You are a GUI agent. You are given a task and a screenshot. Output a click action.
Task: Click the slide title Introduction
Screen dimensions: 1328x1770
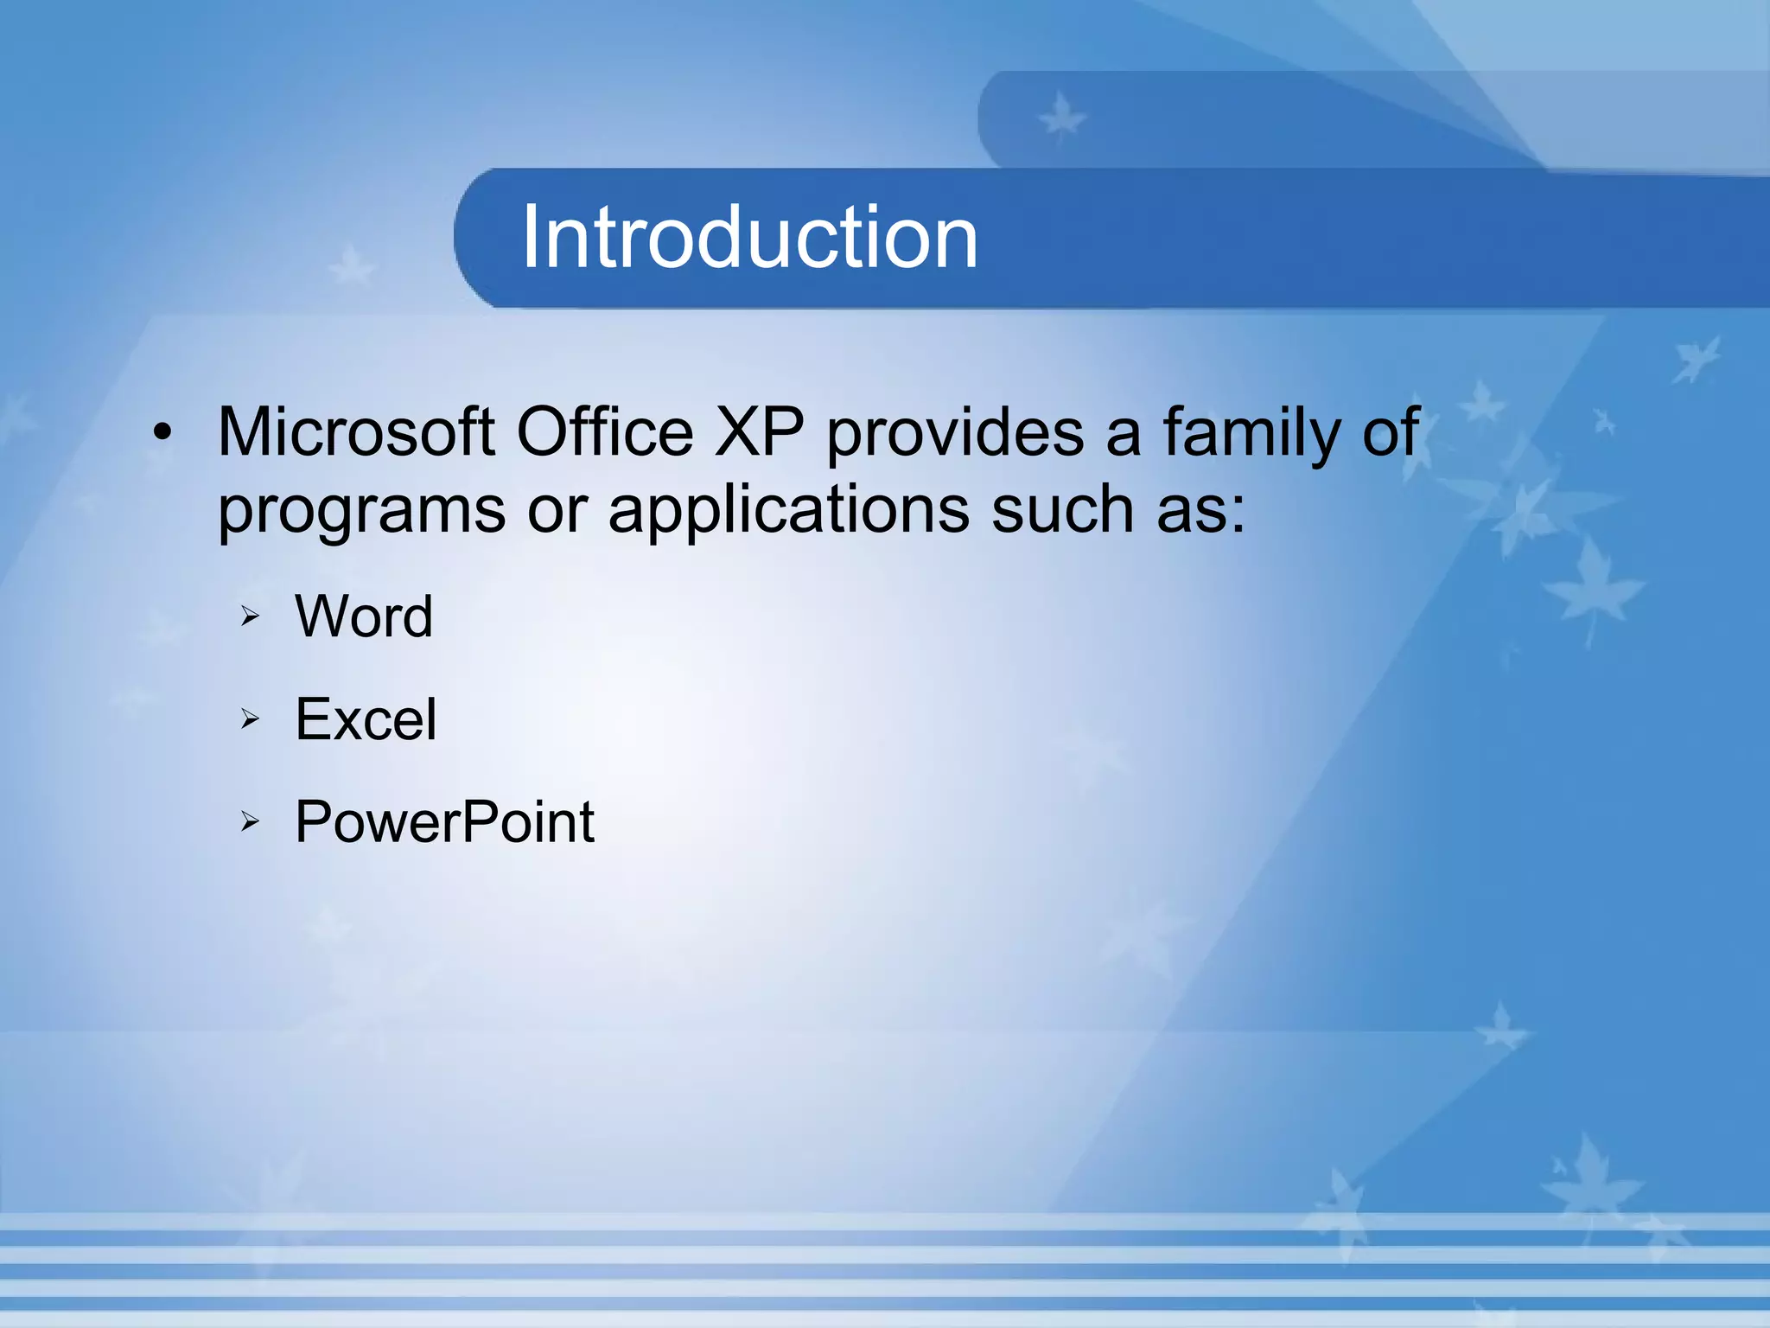point(749,237)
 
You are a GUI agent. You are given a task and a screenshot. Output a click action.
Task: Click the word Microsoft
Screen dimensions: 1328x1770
point(356,431)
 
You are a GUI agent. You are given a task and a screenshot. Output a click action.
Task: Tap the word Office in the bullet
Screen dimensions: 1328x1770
point(604,431)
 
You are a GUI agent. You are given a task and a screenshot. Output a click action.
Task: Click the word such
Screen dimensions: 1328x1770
point(1062,509)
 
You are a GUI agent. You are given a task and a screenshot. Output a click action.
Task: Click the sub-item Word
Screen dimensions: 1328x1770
point(364,616)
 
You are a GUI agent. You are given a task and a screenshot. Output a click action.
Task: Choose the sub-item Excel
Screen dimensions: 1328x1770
point(366,718)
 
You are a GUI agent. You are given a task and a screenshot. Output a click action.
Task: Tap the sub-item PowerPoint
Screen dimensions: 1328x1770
point(444,821)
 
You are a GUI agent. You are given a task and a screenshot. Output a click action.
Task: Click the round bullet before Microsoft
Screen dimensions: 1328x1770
point(162,433)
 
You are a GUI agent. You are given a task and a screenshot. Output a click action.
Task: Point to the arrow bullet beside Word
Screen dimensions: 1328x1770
point(250,616)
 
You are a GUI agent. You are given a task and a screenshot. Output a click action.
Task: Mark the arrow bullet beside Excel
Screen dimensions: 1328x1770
point(250,718)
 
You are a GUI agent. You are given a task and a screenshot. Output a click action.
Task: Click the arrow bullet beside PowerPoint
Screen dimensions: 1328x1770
point(250,821)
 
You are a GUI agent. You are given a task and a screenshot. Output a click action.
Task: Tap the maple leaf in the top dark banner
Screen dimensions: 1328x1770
point(1061,118)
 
